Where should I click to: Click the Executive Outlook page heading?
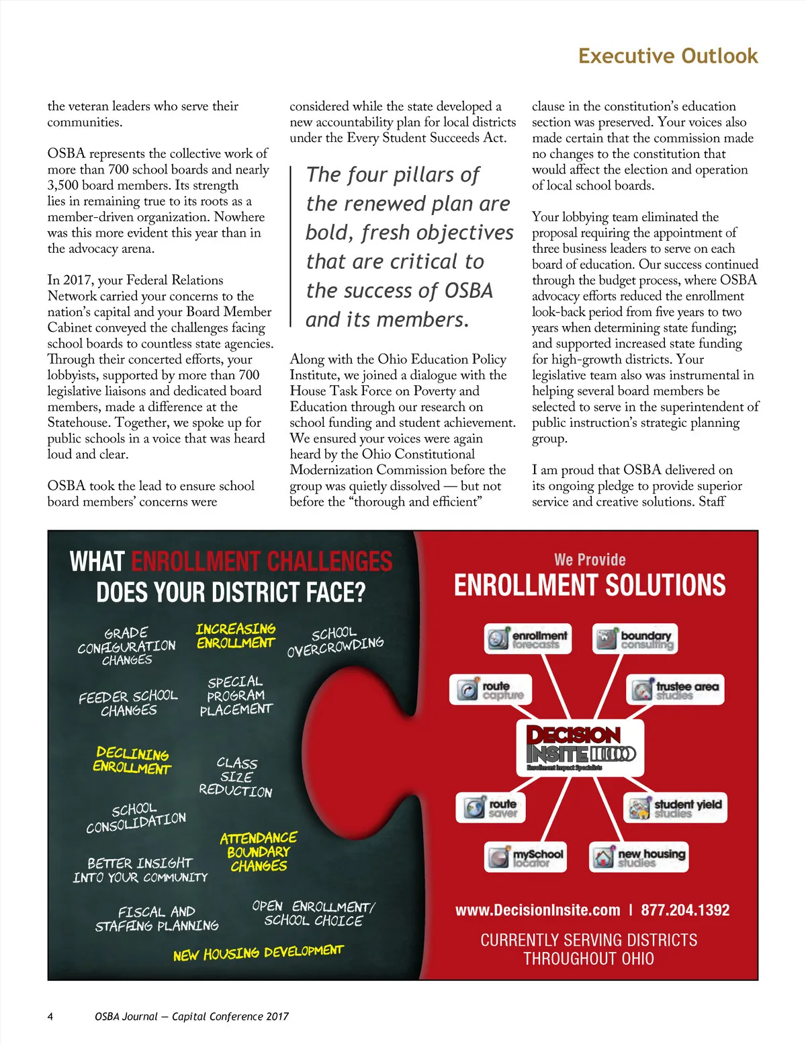coord(668,56)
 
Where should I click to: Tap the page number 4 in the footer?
coord(50,1016)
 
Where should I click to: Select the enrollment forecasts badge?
coord(529,639)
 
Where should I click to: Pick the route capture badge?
coord(490,690)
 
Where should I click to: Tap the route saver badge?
coord(491,807)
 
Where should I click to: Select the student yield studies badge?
coord(676,807)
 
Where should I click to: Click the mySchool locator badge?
coord(526,857)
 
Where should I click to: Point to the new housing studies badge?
coord(639,857)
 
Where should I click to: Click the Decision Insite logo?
coord(580,748)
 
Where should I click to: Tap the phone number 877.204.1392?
coord(685,910)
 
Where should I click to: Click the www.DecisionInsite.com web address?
coord(538,910)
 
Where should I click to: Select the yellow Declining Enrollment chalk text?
coord(132,760)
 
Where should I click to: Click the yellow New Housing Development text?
coord(258,953)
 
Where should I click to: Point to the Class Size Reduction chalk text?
coord(236,777)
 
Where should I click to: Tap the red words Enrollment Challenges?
coord(261,561)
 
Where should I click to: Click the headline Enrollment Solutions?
coord(590,586)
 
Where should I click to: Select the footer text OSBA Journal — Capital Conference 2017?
coord(191,1016)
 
